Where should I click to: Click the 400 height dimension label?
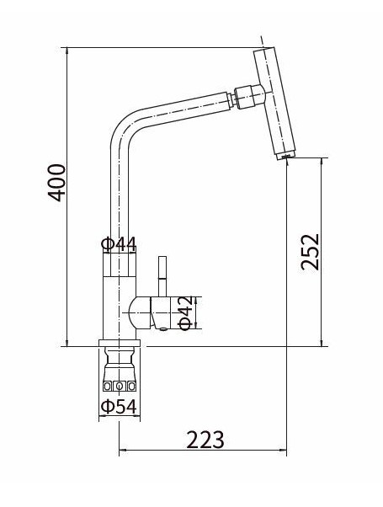[x=56, y=183]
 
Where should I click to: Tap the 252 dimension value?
[x=310, y=252]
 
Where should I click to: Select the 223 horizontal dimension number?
[x=205, y=440]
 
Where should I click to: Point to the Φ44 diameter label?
[x=119, y=244]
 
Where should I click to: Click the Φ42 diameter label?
[x=186, y=313]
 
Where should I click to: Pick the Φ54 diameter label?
[x=119, y=407]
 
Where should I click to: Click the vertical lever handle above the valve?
[x=162, y=275]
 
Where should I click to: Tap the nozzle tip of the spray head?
[x=286, y=157]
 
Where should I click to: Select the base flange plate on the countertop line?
[x=120, y=343]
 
